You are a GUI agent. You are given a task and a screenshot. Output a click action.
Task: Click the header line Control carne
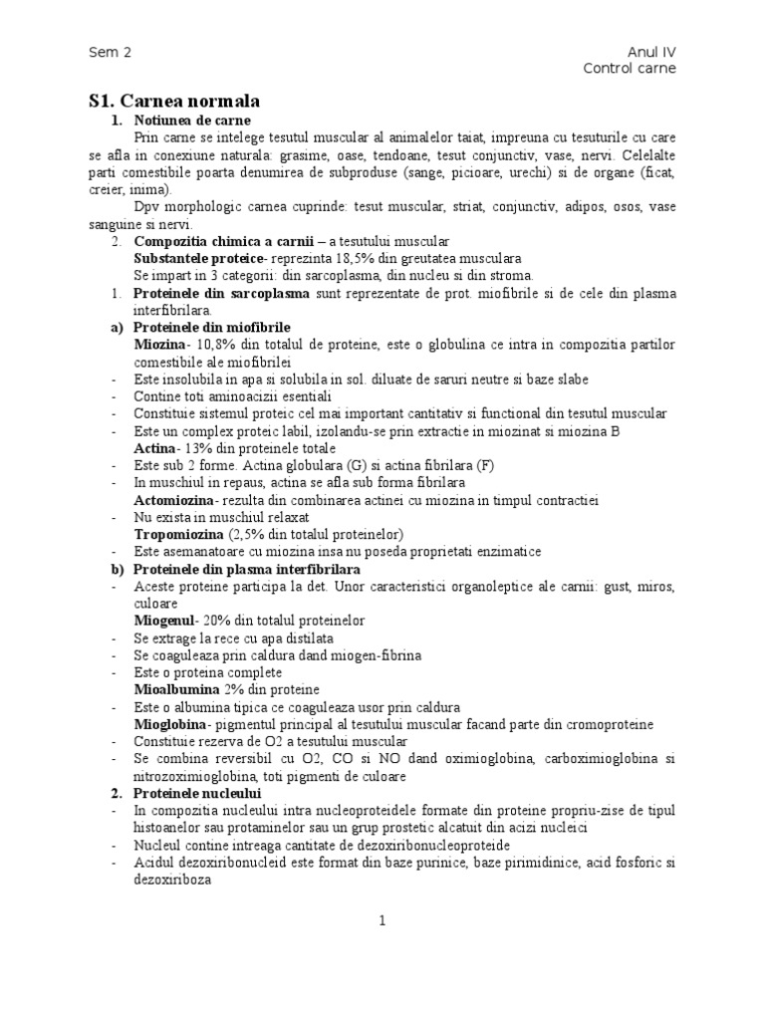click(630, 69)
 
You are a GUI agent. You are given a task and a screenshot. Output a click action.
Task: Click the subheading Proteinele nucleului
click(196, 793)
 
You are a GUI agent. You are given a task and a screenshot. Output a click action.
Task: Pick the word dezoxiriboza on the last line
click(173, 881)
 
